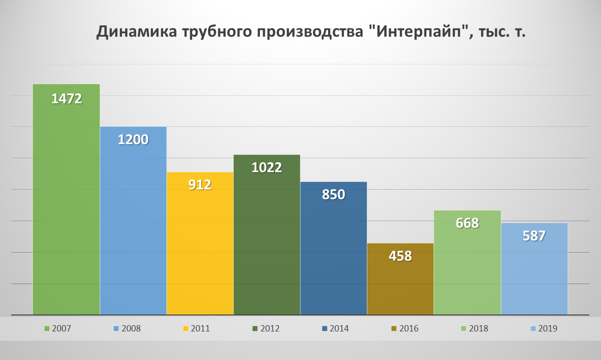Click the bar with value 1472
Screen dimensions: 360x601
click(66, 203)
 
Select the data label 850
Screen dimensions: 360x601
click(333, 195)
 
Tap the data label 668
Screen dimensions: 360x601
click(467, 223)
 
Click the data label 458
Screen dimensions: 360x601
click(400, 256)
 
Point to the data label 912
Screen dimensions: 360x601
click(200, 185)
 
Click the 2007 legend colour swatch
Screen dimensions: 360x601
click(47, 329)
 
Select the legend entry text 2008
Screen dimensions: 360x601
click(132, 329)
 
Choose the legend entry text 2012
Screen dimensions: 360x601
click(270, 329)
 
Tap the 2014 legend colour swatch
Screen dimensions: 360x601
click(325, 329)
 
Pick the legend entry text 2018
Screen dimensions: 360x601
click(479, 329)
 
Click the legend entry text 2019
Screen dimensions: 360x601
click(548, 329)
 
